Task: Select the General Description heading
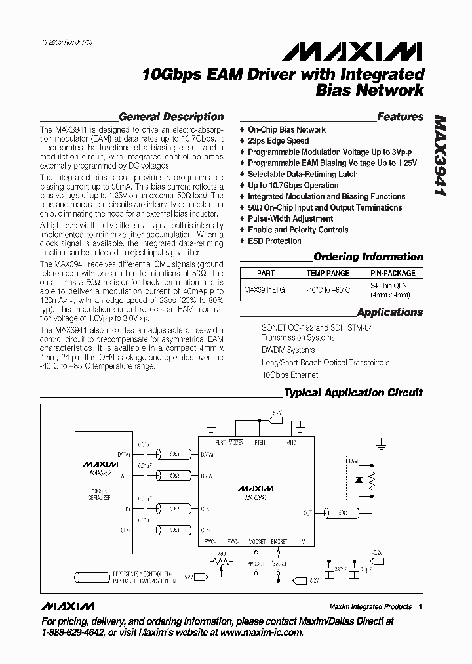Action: pyautogui.click(x=171, y=117)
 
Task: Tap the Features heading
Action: pyautogui.click(x=401, y=117)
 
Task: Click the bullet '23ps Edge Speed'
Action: pyautogui.click(x=278, y=141)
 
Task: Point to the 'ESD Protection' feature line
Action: pyautogui.click(x=274, y=241)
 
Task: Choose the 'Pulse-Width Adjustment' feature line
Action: pyautogui.click(x=290, y=218)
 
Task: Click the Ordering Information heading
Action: pyautogui.click(x=368, y=257)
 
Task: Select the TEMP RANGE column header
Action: pyautogui.click(x=328, y=273)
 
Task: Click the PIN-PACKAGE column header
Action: pyautogui.click(x=393, y=273)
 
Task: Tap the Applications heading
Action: pyautogui.click(x=390, y=312)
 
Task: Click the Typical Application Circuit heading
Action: pyautogui.click(x=353, y=393)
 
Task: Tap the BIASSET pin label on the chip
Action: pyautogui.click(x=279, y=543)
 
